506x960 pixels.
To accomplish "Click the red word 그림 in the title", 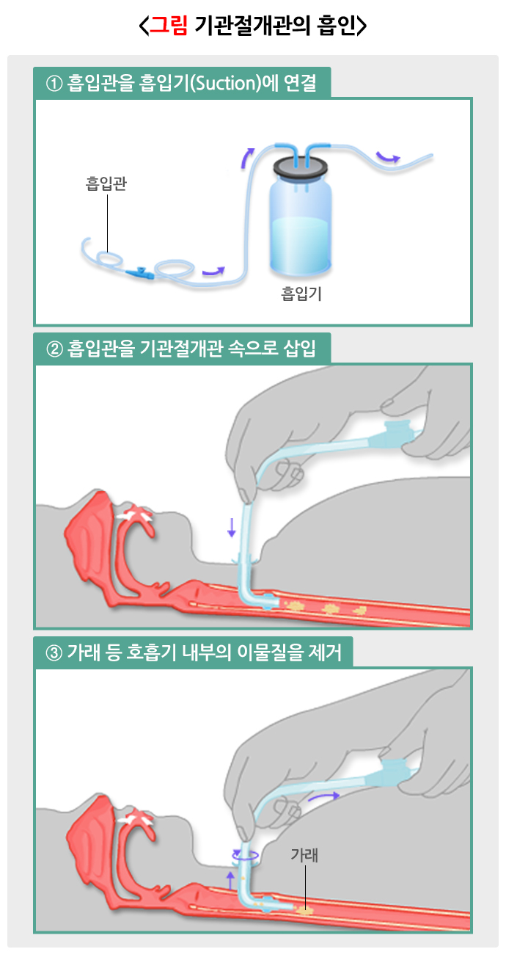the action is point(168,26).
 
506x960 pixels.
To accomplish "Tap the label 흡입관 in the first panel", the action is point(106,183).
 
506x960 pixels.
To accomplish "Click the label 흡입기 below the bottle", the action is point(301,294).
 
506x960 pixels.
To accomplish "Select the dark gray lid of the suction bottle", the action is point(301,167).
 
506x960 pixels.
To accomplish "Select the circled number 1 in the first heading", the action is point(54,84).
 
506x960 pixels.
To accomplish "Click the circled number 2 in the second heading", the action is point(54,349).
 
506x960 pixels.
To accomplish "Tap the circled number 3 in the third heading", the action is point(54,653).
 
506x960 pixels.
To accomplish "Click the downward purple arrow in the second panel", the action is point(232,527).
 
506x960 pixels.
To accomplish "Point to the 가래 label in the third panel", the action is point(304,854).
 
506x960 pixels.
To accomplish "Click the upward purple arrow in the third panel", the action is point(230,880).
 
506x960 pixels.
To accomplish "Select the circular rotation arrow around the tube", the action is point(245,856).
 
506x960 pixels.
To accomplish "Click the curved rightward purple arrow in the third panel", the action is point(323,796).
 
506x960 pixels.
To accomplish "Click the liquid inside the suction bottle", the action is point(301,242).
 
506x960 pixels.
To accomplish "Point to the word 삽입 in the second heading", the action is point(299,349).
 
